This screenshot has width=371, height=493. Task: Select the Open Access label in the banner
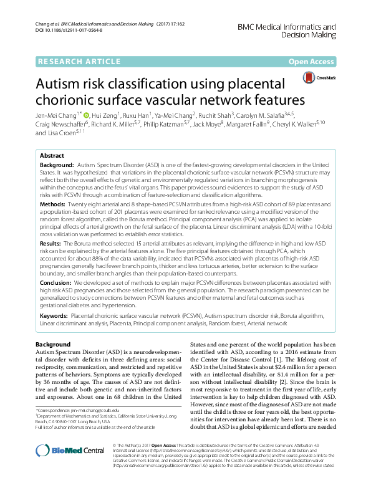click(x=311, y=62)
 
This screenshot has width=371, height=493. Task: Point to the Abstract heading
click(x=52, y=156)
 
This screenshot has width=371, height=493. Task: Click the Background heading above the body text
click(x=53, y=345)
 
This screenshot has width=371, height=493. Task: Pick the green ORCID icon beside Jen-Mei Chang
click(x=86, y=115)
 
